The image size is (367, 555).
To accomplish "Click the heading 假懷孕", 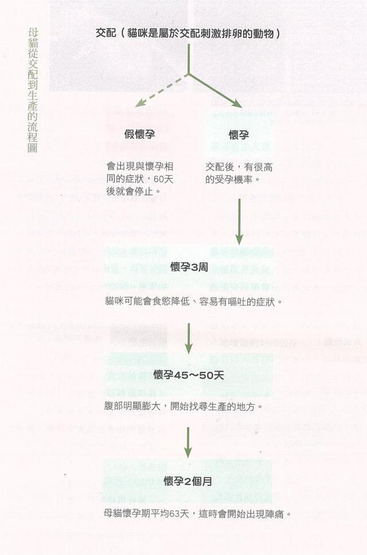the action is [139, 134].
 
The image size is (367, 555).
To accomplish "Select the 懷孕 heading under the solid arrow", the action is [239, 134].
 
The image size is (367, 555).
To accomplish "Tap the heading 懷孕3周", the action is [189, 267].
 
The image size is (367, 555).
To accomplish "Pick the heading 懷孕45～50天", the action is [189, 375].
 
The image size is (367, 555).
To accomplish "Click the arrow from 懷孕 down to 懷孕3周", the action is [239, 221].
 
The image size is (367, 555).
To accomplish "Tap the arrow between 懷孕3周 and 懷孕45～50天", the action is [189, 338].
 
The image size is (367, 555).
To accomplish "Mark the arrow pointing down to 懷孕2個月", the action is [188, 442].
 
